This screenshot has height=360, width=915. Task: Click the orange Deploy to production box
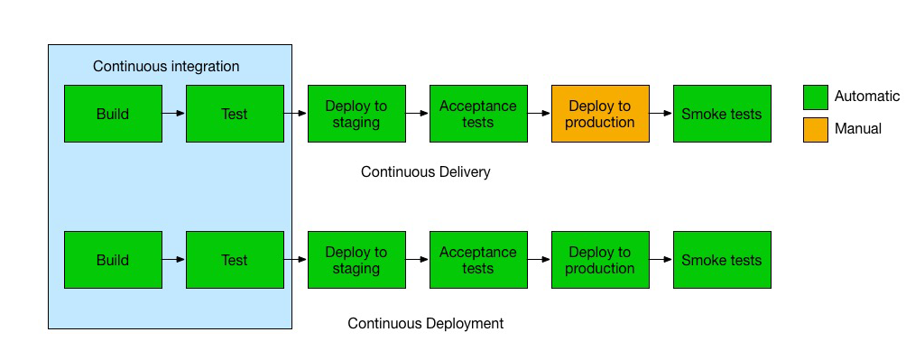[600, 114]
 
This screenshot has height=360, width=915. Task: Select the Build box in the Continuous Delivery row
[113, 114]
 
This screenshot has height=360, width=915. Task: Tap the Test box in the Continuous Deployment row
[236, 260]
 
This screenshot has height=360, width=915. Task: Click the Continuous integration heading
[166, 67]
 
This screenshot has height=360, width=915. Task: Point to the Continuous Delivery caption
[425, 172]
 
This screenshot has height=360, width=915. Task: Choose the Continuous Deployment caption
[425, 323]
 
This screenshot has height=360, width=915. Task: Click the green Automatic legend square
[815, 97]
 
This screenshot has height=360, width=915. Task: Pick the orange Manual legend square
[815, 130]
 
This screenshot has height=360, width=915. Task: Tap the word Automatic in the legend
[867, 97]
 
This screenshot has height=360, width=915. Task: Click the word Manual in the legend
[858, 128]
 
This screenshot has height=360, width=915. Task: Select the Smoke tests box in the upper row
[723, 114]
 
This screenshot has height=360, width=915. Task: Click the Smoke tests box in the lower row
[723, 260]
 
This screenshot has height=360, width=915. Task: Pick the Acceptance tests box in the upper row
[478, 114]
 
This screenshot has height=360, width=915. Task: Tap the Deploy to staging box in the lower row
[356, 260]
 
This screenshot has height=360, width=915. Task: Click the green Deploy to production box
[600, 260]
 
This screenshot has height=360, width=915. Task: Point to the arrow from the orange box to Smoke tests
[661, 114]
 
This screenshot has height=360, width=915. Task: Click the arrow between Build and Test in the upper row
[174, 114]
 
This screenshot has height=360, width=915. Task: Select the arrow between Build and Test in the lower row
[174, 260]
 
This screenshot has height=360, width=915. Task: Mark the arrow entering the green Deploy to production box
[540, 260]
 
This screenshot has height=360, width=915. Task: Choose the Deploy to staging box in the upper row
[356, 114]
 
